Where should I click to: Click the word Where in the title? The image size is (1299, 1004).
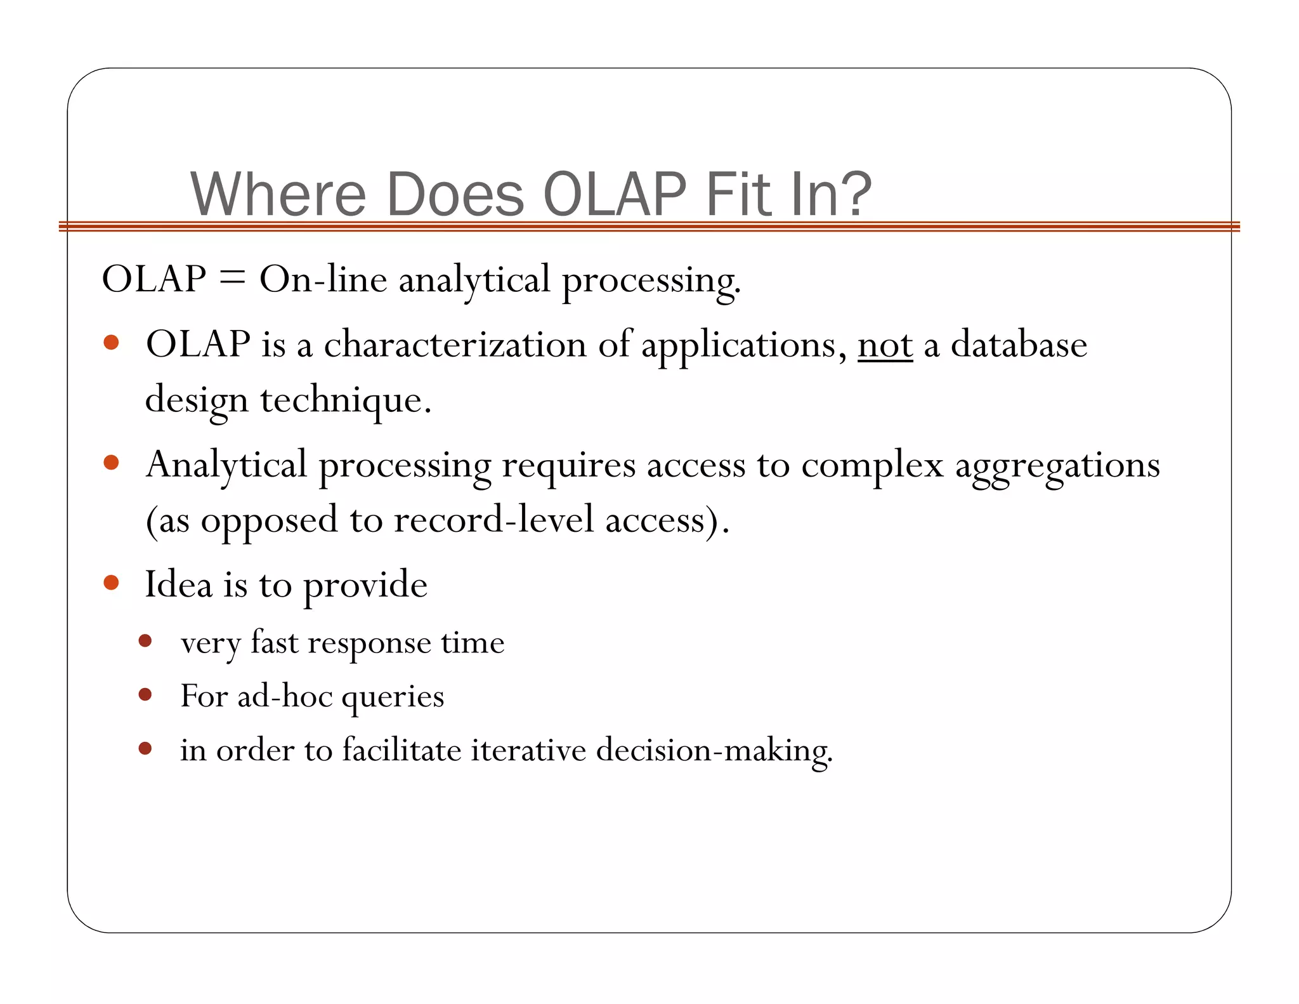(x=278, y=194)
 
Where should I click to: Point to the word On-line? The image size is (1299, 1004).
(x=323, y=279)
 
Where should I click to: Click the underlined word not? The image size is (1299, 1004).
(x=885, y=345)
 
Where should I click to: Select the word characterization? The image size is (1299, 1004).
(x=455, y=345)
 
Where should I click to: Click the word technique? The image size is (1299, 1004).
(x=345, y=400)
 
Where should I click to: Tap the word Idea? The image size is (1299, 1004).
(x=178, y=585)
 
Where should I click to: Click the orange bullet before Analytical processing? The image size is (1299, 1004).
(x=112, y=463)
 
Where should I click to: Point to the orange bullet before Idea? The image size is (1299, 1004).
(x=112, y=583)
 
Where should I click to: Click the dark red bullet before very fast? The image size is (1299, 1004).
(x=145, y=641)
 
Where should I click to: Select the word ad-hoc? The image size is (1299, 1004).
(x=285, y=696)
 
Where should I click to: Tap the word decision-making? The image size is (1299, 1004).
(x=714, y=751)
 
